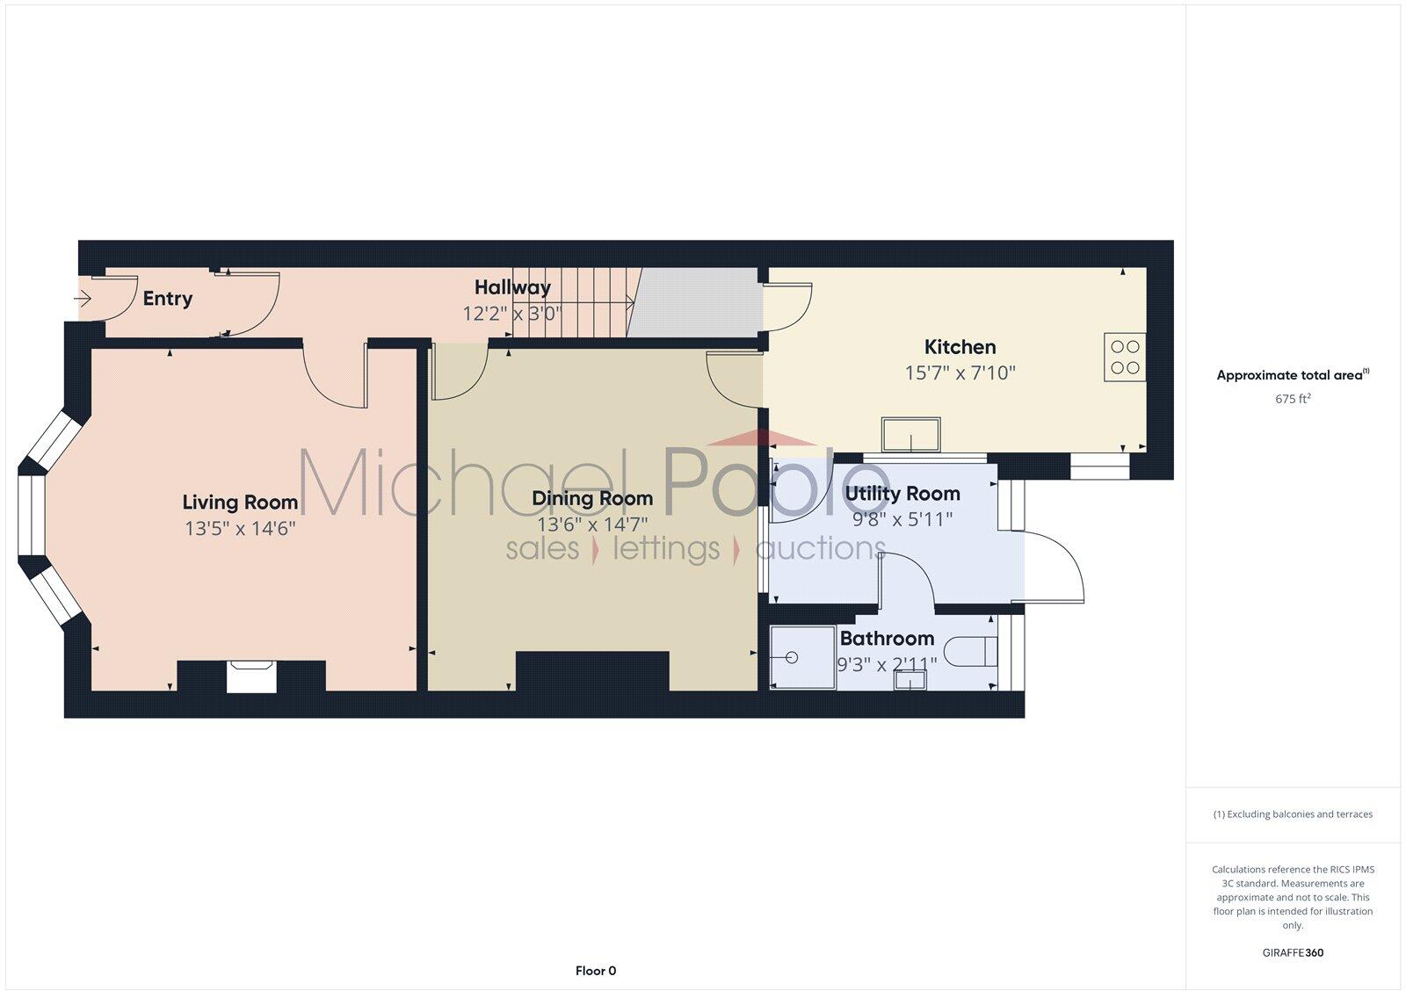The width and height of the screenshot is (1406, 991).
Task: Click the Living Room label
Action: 240,502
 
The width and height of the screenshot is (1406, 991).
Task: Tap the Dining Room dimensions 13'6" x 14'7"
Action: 592,524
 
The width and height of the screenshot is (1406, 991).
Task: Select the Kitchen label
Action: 960,346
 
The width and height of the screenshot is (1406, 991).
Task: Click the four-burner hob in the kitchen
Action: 1125,357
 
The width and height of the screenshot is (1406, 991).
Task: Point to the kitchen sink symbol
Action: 911,434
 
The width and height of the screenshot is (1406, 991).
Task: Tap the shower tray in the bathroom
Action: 801,656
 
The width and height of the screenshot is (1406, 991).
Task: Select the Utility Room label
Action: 902,494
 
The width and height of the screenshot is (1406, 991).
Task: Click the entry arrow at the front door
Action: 83,299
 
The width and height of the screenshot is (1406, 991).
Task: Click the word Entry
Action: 167,299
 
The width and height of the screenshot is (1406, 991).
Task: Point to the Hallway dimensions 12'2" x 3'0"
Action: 511,313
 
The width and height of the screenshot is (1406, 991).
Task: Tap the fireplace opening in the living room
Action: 252,677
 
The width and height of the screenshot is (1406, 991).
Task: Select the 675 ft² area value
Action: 1293,399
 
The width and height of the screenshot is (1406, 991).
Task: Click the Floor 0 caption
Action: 596,971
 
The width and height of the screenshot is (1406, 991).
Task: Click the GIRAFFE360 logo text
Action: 1293,952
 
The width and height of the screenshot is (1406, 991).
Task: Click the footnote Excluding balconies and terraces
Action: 1293,814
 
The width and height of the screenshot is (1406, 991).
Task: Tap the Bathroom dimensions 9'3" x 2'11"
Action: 886,664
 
